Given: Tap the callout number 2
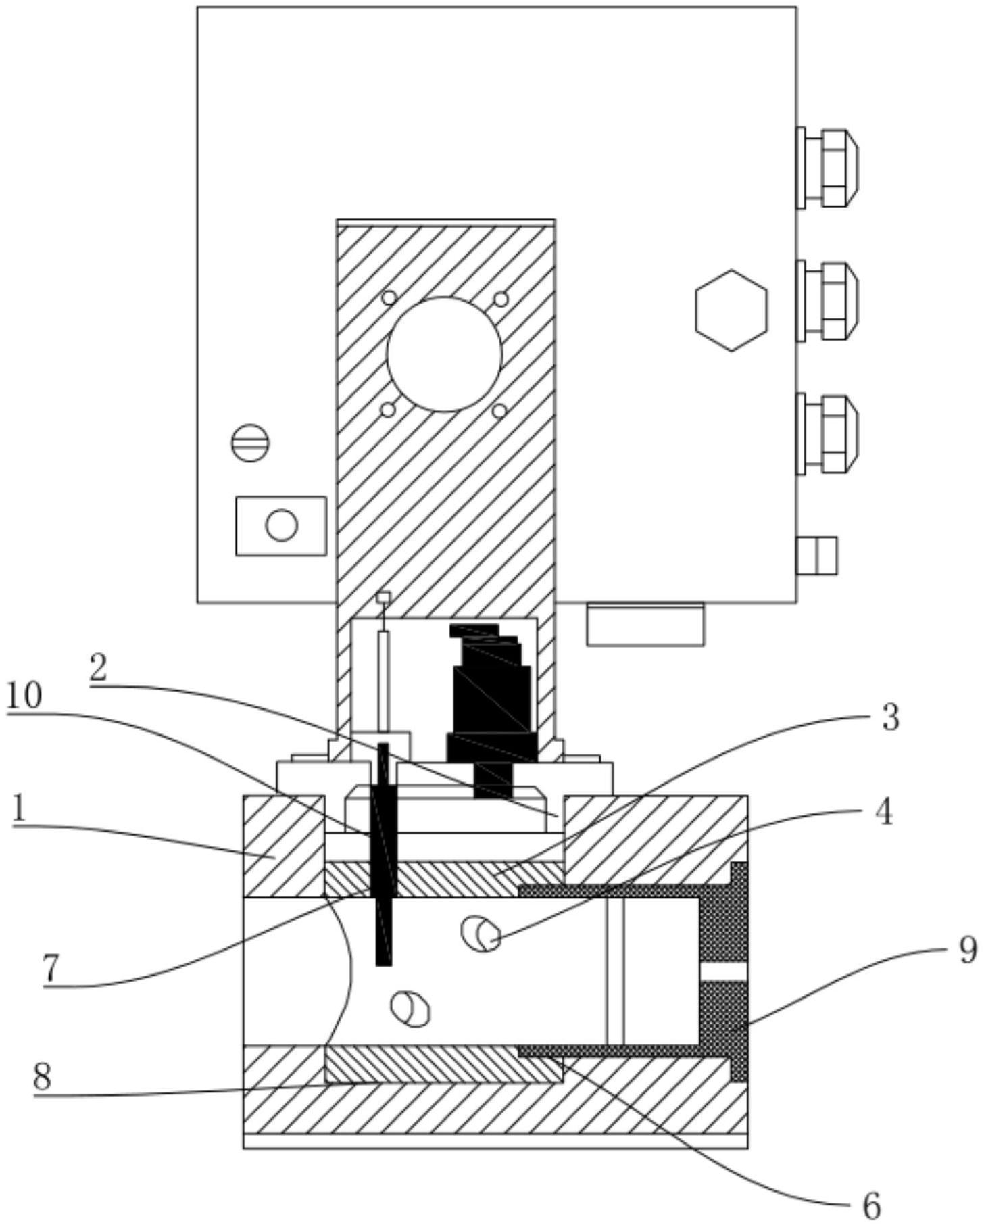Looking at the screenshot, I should [x=98, y=669].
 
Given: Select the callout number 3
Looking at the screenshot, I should [x=890, y=719].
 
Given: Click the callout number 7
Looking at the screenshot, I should [x=52, y=969].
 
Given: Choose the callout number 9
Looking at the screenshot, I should [x=967, y=951].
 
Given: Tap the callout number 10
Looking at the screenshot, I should [x=24, y=696].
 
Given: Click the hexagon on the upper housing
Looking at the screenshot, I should [x=731, y=310].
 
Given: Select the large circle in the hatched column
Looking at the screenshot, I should [x=444, y=354].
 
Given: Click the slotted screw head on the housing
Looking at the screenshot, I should [x=250, y=444].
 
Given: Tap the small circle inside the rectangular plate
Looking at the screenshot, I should [x=281, y=525].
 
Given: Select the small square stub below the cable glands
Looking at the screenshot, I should [x=816, y=555].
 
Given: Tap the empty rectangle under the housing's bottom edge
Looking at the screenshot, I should [x=645, y=624].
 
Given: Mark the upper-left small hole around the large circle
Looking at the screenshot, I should [x=389, y=297].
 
